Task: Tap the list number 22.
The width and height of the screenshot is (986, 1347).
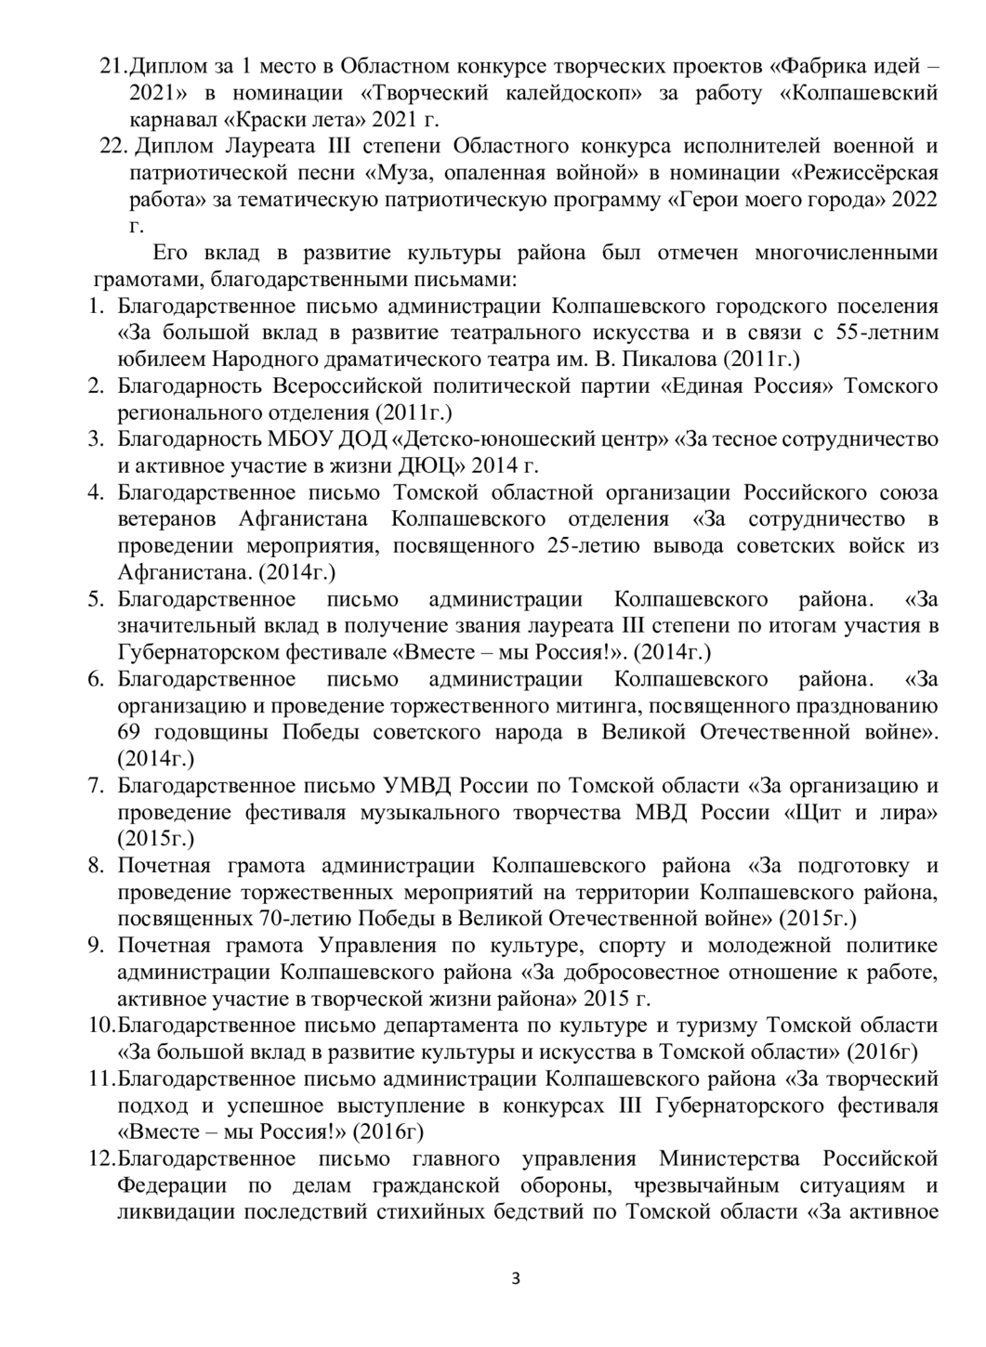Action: [115, 147]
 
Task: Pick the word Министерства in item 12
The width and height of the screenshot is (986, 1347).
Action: [730, 1159]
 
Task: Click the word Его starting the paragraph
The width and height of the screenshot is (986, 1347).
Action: [170, 253]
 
